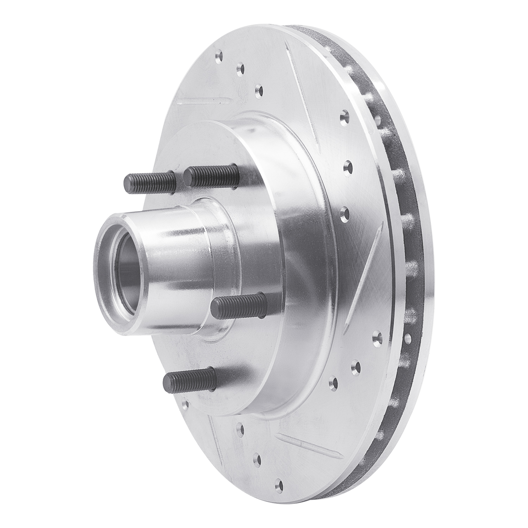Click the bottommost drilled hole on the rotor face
279,484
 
